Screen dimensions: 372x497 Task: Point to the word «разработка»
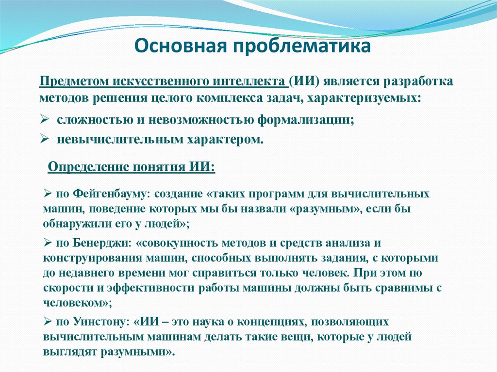pos(418,81)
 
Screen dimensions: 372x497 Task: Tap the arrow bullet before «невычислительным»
pos(43,139)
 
